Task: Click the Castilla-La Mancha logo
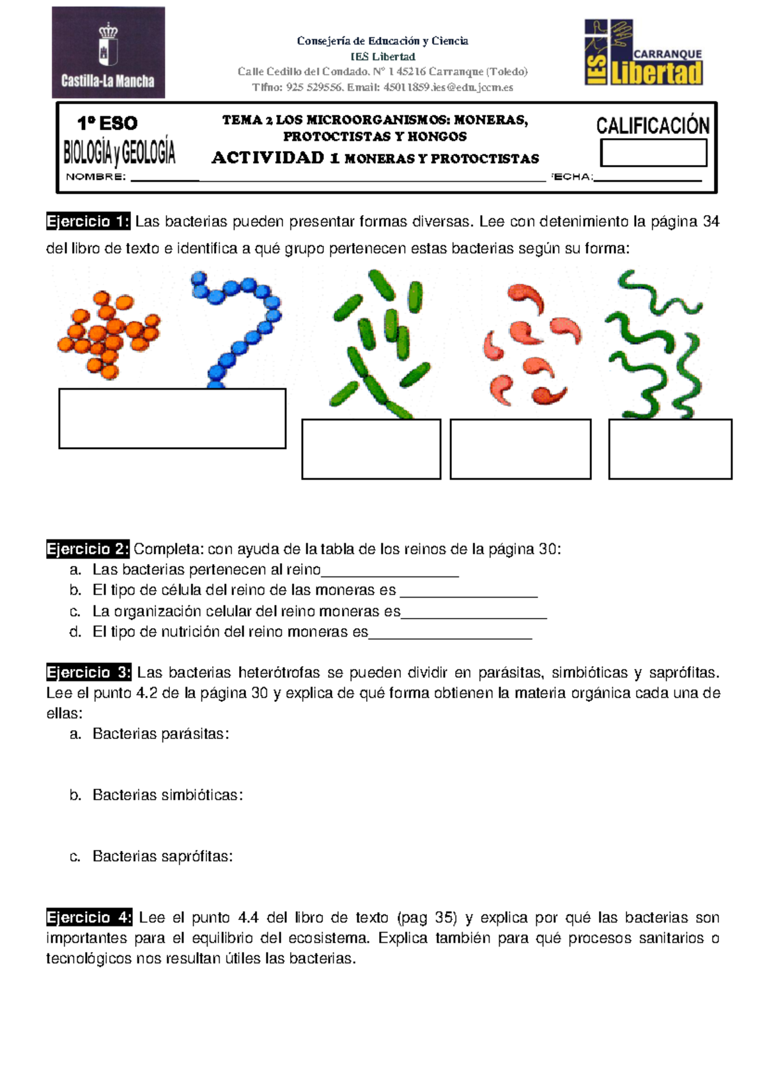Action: point(108,52)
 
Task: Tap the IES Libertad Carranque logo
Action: point(644,53)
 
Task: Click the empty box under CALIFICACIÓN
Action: point(653,153)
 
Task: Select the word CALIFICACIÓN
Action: point(653,125)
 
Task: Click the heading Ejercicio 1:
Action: point(88,222)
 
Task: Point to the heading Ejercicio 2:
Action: point(88,549)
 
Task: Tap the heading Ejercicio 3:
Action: point(89,672)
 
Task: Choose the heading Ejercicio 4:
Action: point(89,917)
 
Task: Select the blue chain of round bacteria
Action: point(240,326)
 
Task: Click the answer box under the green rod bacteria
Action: point(371,448)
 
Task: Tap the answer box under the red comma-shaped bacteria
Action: point(520,448)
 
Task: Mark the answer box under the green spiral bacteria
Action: point(670,448)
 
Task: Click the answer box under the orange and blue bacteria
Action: point(172,418)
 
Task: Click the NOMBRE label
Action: point(96,177)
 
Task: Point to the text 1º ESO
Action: point(107,123)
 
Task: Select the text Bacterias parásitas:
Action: point(160,734)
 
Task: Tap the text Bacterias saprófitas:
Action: point(162,856)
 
